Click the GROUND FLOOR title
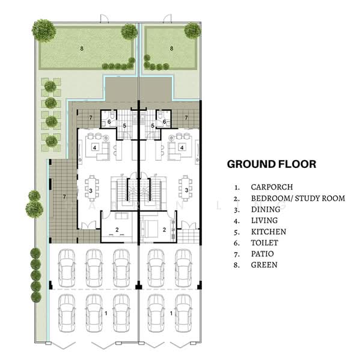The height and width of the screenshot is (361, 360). pyautogui.click(x=272, y=164)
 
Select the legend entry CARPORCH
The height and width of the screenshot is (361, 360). pyautogui.click(x=272, y=187)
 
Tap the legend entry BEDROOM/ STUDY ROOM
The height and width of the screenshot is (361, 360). pyautogui.click(x=298, y=198)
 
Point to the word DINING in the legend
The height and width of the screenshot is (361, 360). pyautogui.click(x=266, y=209)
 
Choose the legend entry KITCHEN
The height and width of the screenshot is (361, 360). pyautogui.click(x=269, y=232)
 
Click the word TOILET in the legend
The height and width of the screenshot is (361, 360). pyautogui.click(x=264, y=242)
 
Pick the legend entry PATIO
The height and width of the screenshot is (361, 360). pyautogui.click(x=262, y=254)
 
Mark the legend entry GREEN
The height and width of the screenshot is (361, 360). pyautogui.click(x=264, y=265)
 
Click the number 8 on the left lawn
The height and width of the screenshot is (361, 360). pyautogui.click(x=82, y=49)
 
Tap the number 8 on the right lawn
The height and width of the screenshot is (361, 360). pyautogui.click(x=171, y=49)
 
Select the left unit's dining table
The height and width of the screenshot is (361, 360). pyautogui.click(x=92, y=188)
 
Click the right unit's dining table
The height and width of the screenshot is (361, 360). pyautogui.click(x=185, y=188)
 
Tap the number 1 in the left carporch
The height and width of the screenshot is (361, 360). pyautogui.click(x=106, y=313)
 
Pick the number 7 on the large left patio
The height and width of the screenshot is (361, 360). pyautogui.click(x=64, y=197)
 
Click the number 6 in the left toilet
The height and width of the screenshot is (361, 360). pyautogui.click(x=109, y=122)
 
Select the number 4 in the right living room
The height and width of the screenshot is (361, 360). pyautogui.click(x=182, y=147)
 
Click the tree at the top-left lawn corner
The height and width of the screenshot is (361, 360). pyautogui.click(x=44, y=31)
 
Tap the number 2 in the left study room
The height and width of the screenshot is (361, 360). pyautogui.click(x=117, y=230)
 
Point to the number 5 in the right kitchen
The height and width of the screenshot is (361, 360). pyautogui.click(x=153, y=126)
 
